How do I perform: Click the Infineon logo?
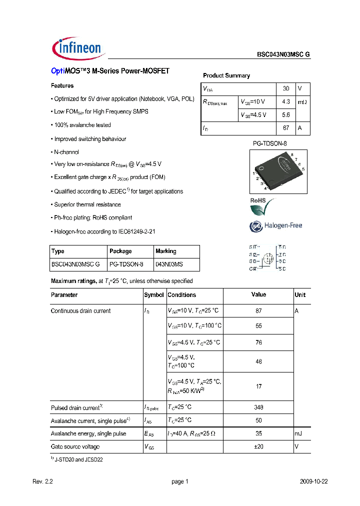[77, 47]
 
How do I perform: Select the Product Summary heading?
[226, 75]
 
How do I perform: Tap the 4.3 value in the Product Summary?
[286, 101]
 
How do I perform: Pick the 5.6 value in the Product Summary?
[286, 114]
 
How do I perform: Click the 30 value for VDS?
[286, 88]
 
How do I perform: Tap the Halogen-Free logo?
[276, 226]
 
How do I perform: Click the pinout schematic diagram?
[267, 258]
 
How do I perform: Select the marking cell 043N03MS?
[169, 264]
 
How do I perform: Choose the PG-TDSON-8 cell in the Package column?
[126, 264]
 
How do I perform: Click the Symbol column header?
[154, 295]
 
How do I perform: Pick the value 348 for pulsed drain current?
[258, 407]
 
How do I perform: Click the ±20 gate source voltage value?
[258, 446]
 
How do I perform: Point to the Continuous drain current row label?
[81, 311]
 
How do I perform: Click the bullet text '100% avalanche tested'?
[82, 125]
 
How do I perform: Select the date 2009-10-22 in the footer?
[314, 481]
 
